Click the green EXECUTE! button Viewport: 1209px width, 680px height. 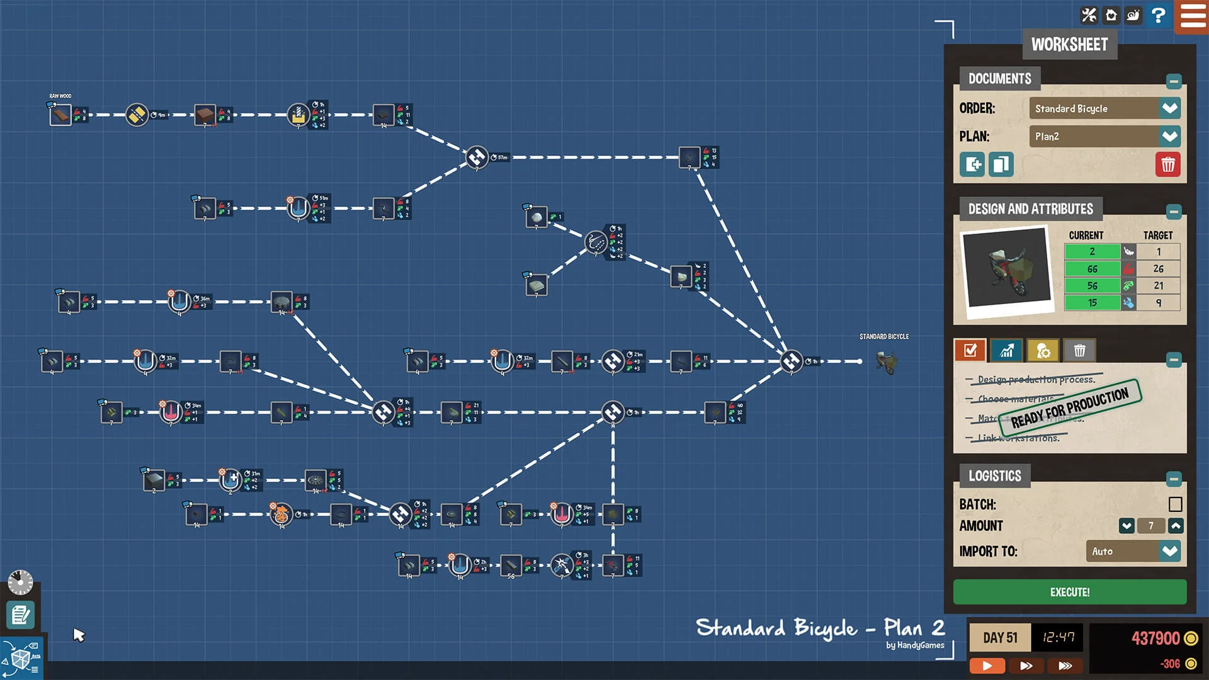pyautogui.click(x=1069, y=592)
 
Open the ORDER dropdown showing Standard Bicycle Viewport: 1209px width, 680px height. pyautogui.click(x=1104, y=108)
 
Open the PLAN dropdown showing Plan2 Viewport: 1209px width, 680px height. pyautogui.click(x=1104, y=136)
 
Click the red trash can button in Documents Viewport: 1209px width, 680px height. pyautogui.click(x=1167, y=164)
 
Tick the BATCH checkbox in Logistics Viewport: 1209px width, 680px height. pyautogui.click(x=1175, y=504)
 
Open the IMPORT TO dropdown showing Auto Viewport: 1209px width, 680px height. pyautogui.click(x=1133, y=551)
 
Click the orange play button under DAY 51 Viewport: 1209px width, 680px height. pyautogui.click(x=987, y=665)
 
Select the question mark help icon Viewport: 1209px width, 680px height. pyautogui.click(x=1157, y=15)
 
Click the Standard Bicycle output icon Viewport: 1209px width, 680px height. pyautogui.click(x=886, y=362)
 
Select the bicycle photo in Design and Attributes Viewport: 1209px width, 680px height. pyautogui.click(x=1006, y=269)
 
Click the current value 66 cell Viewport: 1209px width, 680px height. pyautogui.click(x=1092, y=269)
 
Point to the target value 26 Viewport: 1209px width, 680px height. pyautogui.click(x=1158, y=269)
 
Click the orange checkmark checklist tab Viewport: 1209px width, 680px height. pyautogui.click(x=970, y=350)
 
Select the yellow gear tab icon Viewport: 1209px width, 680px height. pyautogui.click(x=1043, y=350)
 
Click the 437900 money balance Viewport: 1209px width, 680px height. pyautogui.click(x=1155, y=638)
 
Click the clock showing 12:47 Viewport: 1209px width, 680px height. pyautogui.click(x=1058, y=637)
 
